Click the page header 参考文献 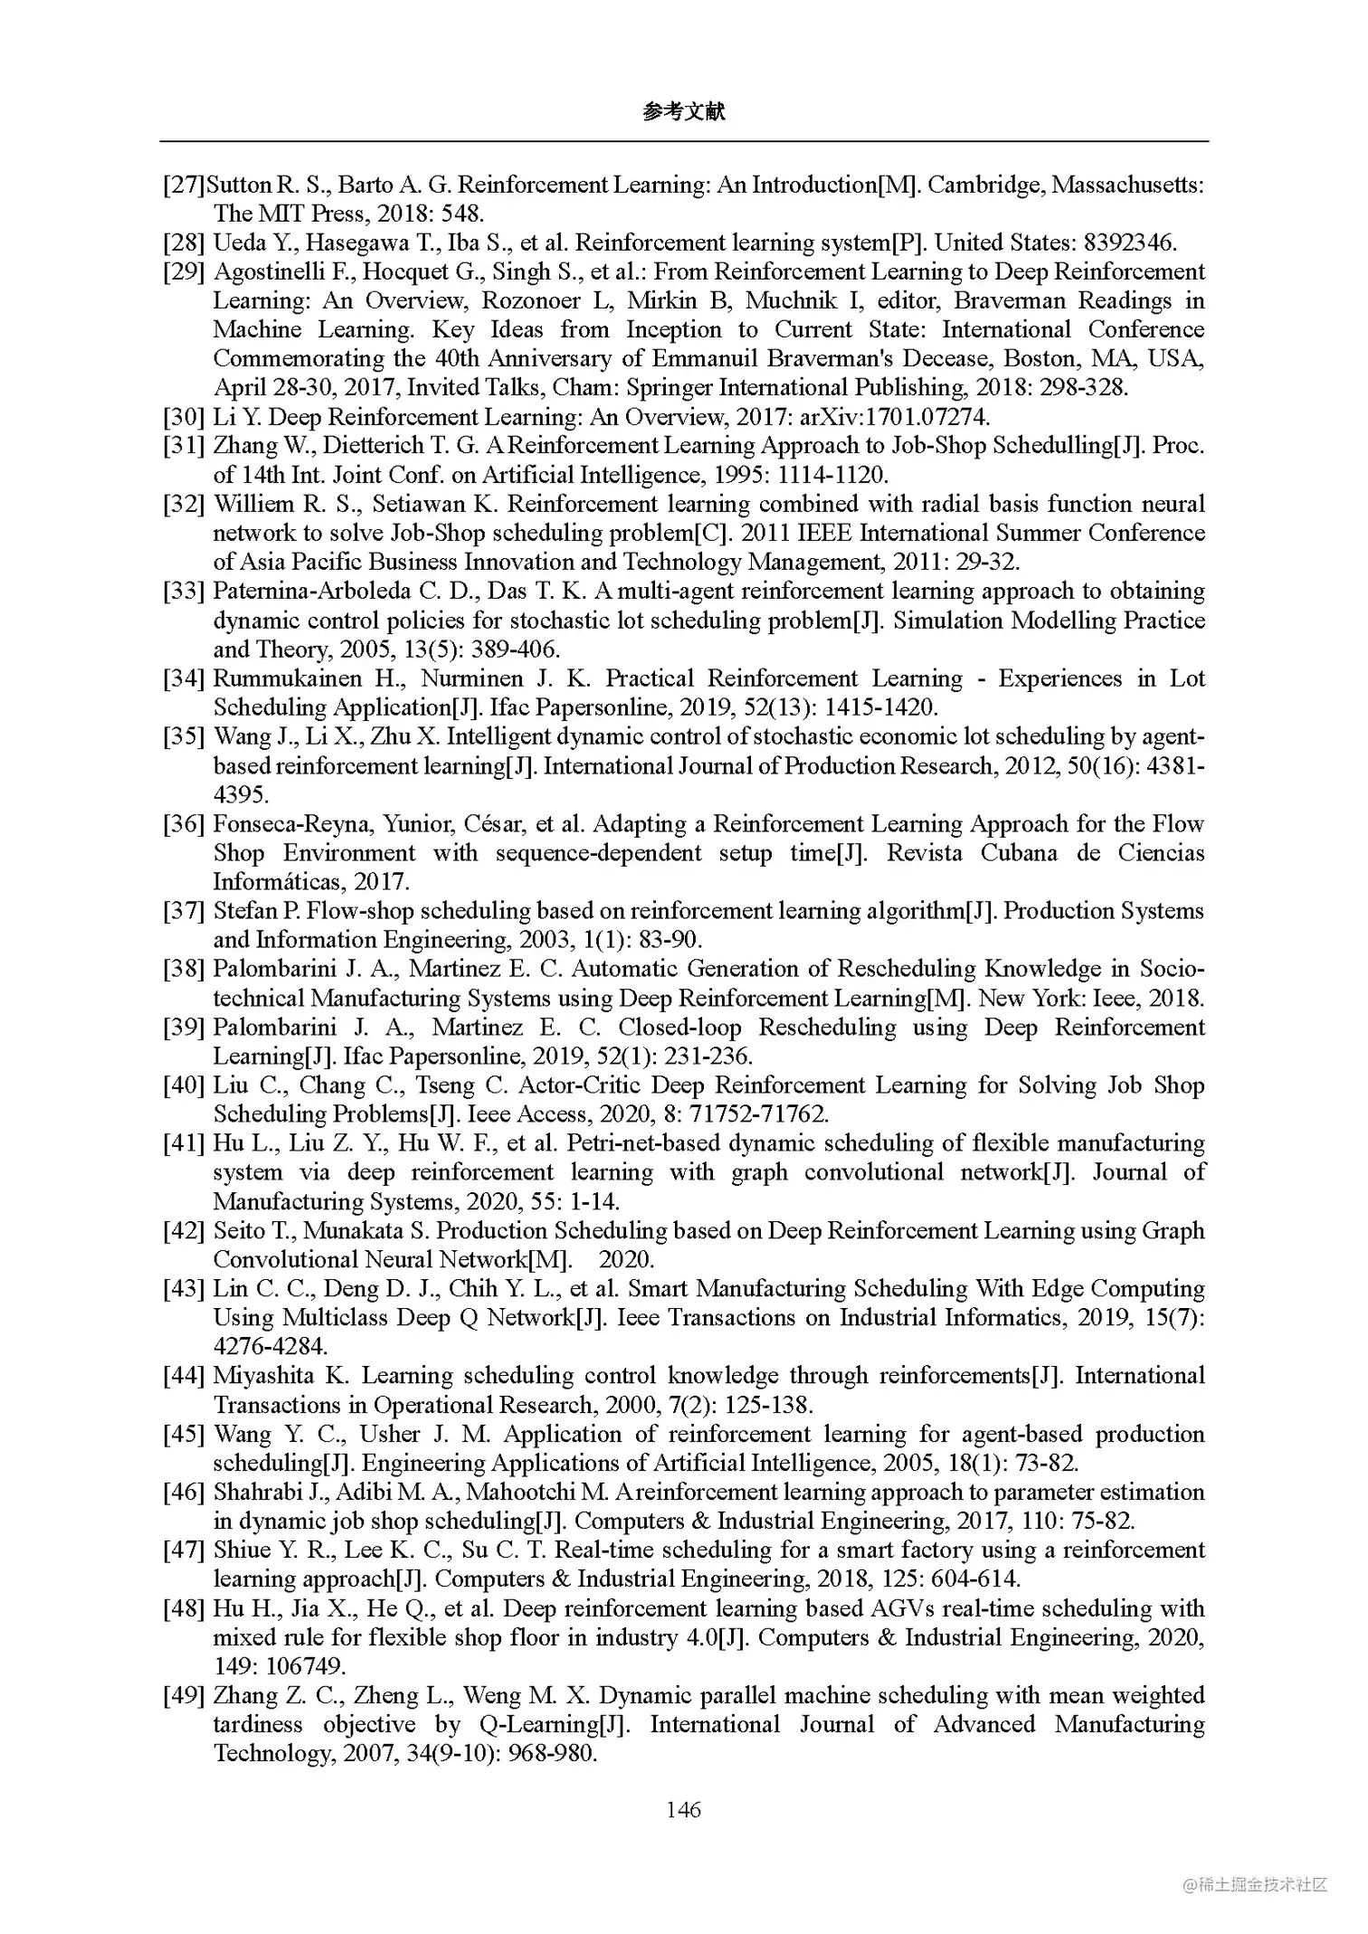click(683, 111)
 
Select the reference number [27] click(184, 185)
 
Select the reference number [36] click(184, 824)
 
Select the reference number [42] click(184, 1231)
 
